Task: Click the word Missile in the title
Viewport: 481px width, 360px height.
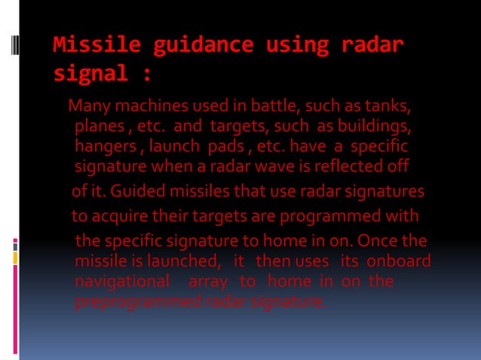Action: [97, 45]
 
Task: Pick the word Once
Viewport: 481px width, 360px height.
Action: [381, 242]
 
